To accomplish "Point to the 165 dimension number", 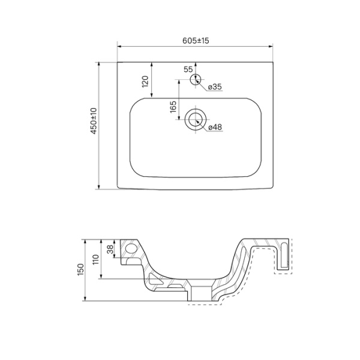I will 173,107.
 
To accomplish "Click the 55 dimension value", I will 188,70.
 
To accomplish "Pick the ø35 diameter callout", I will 215,87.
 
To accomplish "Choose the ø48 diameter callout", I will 215,127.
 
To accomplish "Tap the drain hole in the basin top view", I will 194,119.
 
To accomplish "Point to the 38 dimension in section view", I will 109,250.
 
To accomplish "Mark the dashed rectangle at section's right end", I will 283,256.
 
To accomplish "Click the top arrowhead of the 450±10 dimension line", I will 100,63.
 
